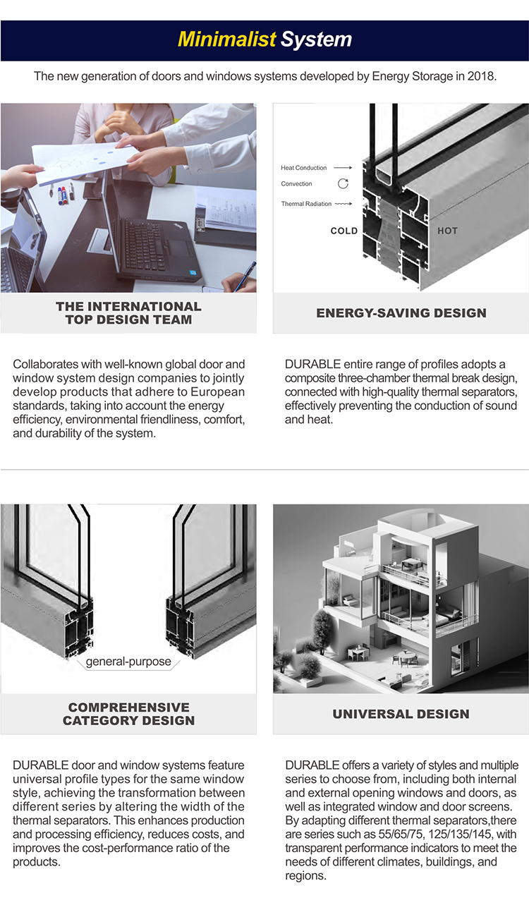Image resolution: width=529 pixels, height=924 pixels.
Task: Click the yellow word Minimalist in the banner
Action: click(x=226, y=39)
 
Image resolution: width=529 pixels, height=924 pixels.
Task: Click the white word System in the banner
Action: click(x=317, y=40)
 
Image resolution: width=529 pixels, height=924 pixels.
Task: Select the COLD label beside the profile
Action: click(x=343, y=231)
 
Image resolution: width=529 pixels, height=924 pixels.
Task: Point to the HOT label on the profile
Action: click(x=447, y=231)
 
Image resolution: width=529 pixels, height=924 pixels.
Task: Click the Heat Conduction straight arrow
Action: click(x=343, y=168)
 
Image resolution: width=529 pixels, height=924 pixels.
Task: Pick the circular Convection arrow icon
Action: click(x=343, y=183)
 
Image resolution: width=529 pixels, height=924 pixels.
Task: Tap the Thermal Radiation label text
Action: click(x=306, y=204)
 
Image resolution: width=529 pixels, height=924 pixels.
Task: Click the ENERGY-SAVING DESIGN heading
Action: click(x=401, y=313)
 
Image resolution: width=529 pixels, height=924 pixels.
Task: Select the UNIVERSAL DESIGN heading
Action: click(x=401, y=714)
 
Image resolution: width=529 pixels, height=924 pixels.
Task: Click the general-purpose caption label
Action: click(x=128, y=662)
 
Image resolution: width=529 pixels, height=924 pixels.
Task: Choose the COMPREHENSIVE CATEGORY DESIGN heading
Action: click(x=129, y=714)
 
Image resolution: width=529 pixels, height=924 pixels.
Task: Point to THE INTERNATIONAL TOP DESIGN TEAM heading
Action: click(x=129, y=313)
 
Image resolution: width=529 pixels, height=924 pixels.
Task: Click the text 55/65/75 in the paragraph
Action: click(x=401, y=834)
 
